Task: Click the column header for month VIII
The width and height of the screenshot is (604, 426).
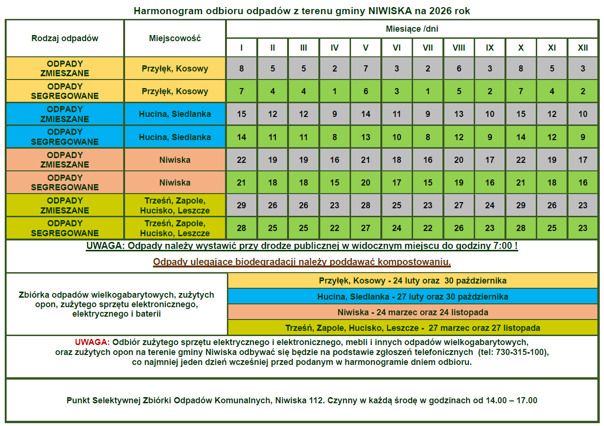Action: [x=459, y=48]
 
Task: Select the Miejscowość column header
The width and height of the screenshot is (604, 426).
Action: [x=175, y=38]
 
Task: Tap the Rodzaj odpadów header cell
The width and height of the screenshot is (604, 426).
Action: [x=65, y=38]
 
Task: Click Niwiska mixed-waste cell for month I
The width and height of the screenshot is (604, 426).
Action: [x=242, y=160]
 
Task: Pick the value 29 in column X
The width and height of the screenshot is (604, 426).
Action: [x=521, y=205]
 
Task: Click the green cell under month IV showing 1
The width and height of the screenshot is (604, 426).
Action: [x=334, y=91]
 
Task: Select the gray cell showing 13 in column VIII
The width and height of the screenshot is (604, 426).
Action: [x=459, y=114]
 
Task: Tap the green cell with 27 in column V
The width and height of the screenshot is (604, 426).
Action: [x=366, y=228]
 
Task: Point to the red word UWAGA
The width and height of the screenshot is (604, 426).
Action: [x=92, y=342]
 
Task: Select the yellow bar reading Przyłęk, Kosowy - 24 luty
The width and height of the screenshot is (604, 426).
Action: [x=413, y=281]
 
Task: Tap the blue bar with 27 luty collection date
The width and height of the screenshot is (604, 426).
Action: [x=413, y=297]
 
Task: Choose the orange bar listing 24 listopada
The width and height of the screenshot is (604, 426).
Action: [x=413, y=312]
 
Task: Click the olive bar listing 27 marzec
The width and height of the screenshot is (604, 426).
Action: [x=413, y=328]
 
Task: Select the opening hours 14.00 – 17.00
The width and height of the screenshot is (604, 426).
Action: [x=512, y=400]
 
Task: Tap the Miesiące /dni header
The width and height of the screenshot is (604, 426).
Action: [x=412, y=29]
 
